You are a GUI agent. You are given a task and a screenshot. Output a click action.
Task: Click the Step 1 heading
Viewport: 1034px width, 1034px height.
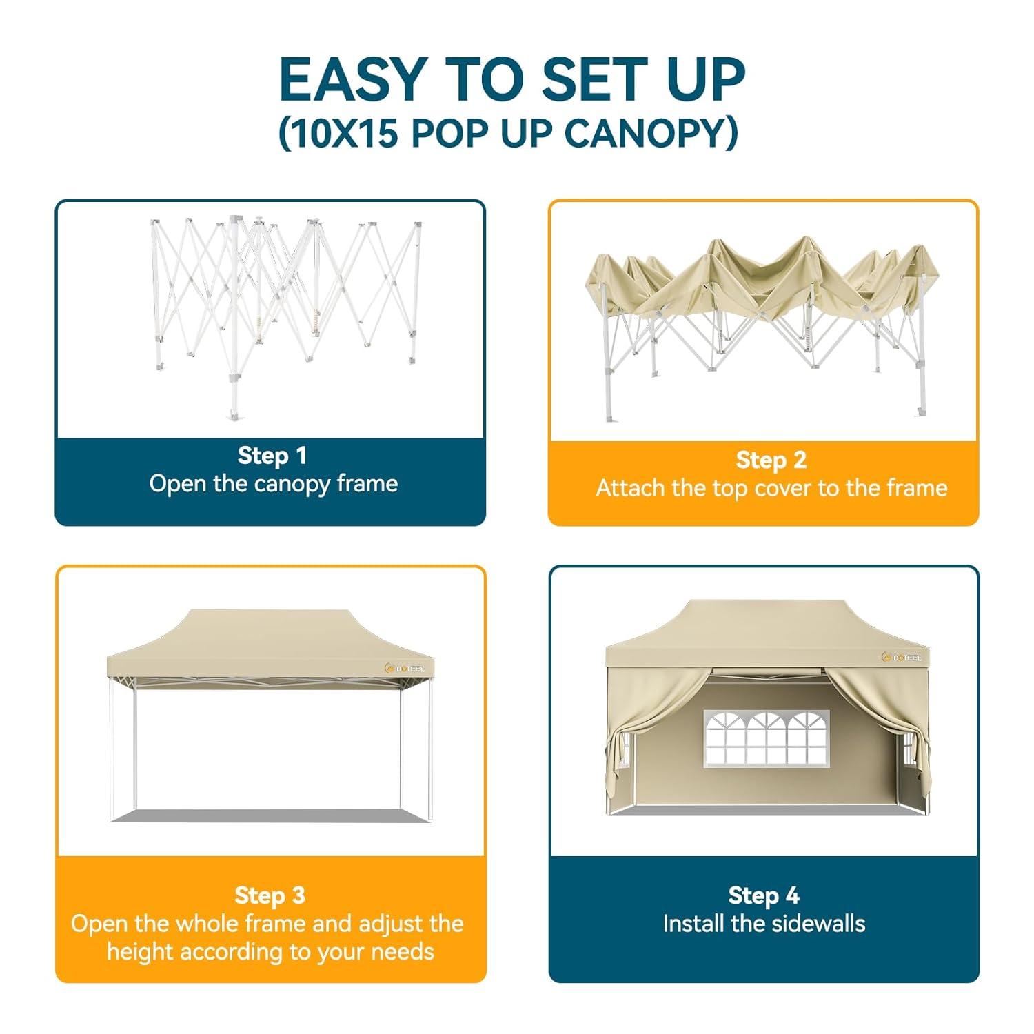272,456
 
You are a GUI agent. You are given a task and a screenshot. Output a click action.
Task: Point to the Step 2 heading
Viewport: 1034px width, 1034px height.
771,460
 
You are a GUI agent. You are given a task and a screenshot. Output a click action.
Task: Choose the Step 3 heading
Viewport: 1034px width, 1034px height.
270,895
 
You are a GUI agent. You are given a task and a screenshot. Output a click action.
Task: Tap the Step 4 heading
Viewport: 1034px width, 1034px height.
764,895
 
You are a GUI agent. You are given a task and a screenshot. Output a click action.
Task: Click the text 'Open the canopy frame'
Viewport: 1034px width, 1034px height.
274,484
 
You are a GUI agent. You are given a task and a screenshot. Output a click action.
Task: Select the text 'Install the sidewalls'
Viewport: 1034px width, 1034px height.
764,924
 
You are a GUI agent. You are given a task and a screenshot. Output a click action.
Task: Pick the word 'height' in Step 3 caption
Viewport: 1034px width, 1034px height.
141,952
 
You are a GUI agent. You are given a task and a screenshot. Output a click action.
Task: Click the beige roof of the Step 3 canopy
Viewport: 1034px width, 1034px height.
269,634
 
